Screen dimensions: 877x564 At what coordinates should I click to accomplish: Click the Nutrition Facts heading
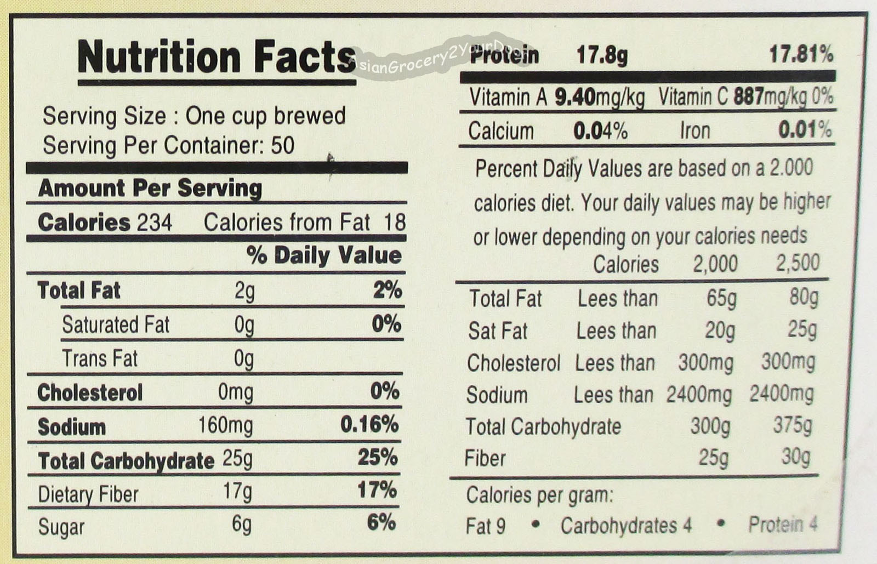[217, 57]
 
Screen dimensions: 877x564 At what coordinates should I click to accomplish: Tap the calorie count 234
[154, 223]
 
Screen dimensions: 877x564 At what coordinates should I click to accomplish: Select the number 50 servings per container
[282, 146]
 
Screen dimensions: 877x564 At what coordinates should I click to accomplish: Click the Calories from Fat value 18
[395, 223]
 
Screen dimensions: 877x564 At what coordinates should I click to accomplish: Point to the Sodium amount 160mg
[225, 425]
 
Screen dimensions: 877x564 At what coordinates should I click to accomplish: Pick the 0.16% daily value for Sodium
[369, 425]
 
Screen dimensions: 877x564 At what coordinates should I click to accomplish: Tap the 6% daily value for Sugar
[381, 523]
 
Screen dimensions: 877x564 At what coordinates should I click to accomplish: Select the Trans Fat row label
[100, 358]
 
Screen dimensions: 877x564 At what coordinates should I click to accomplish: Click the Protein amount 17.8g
[602, 55]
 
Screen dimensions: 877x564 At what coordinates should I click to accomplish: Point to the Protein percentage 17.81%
[801, 54]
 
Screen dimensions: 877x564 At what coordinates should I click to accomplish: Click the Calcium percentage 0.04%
[601, 131]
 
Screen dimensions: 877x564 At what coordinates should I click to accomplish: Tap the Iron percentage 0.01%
[805, 129]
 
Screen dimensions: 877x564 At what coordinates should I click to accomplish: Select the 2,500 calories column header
[798, 263]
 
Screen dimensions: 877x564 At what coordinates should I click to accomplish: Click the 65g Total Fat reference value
[721, 299]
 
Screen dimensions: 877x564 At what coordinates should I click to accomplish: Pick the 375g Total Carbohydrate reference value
[793, 425]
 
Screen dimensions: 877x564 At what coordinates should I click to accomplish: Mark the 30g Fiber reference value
[795, 457]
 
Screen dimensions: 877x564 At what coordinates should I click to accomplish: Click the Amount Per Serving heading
[150, 189]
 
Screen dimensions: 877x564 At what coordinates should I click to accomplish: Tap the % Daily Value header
[324, 256]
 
